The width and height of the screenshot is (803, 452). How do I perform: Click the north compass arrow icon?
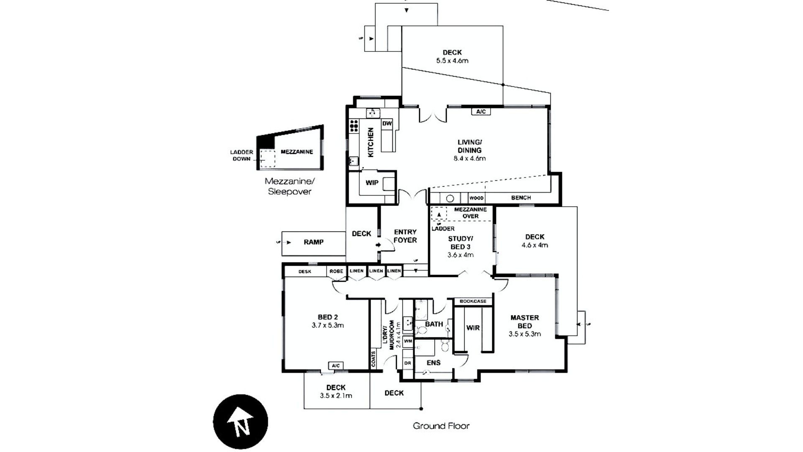coord(240,422)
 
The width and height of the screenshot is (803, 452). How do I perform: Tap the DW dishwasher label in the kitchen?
coord(387,123)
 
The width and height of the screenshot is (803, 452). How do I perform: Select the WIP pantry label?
coord(372,183)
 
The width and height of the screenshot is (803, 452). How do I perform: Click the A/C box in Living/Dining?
coord(481,112)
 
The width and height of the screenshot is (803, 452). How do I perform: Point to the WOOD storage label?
coord(476,198)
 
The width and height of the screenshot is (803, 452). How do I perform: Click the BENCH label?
coord(521,198)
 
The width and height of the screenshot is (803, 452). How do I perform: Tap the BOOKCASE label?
coord(473,301)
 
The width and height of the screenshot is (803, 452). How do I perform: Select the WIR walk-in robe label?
coord(473,328)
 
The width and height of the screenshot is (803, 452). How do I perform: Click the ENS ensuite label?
coord(433,363)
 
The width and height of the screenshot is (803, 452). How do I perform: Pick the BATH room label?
coord(434,324)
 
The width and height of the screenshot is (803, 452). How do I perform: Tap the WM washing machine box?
coord(408,342)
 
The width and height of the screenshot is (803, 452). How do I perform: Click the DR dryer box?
coord(408,363)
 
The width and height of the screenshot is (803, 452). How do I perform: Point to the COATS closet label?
coord(373,359)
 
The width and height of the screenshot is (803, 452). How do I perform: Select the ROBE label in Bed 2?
coord(336,271)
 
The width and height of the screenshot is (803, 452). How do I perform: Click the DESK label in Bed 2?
coord(305,272)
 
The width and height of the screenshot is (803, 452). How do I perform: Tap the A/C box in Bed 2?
coord(335,366)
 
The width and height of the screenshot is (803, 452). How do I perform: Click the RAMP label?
coord(314,242)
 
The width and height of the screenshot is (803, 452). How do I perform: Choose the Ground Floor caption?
coord(441,426)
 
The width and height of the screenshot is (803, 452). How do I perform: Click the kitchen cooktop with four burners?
coord(354,126)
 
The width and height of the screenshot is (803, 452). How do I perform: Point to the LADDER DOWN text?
coord(241,156)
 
